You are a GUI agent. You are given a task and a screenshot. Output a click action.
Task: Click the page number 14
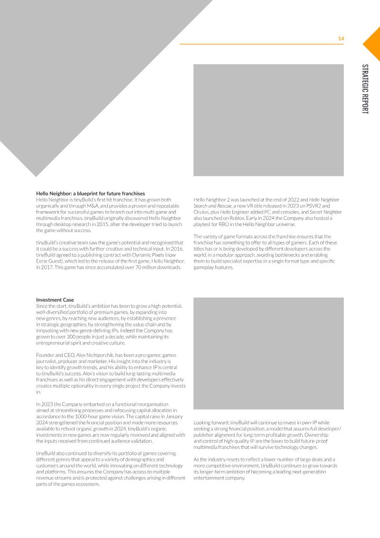[x=341, y=39]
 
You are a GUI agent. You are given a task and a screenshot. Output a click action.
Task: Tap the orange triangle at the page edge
[x=373, y=43]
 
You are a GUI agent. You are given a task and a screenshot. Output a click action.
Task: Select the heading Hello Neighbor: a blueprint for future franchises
[x=91, y=194]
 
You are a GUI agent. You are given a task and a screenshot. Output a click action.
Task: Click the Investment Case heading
[x=55, y=300]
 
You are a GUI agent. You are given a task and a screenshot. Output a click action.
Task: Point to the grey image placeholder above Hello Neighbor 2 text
[x=268, y=120]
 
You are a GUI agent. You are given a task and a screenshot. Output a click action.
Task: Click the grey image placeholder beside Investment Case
[x=268, y=353]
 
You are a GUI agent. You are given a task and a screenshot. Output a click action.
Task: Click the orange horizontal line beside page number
[x=261, y=44]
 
